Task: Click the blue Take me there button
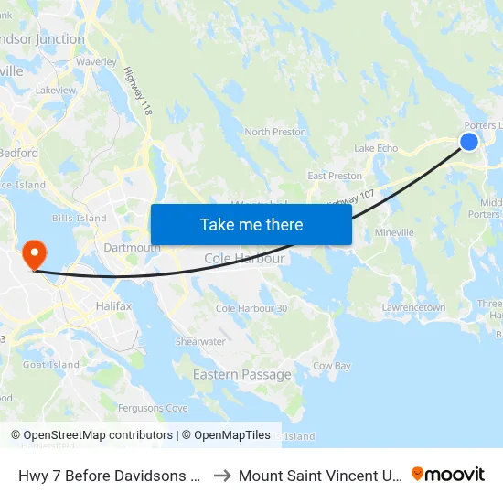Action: pos(251,224)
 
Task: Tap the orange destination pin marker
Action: pos(34,253)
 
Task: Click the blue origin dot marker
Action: pos(468,141)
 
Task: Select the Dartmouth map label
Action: pos(133,247)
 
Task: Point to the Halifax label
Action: pos(114,306)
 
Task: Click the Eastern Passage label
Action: pos(242,374)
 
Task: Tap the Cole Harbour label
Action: pos(244,259)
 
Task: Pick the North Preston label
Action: pos(275,132)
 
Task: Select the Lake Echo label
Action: pos(376,148)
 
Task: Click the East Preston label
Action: pos(335,176)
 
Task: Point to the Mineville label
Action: pos(394,232)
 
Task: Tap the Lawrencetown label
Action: pos(413,308)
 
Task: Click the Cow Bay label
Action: pos(332,365)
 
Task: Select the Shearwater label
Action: pos(200,341)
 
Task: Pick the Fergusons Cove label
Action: pos(153,407)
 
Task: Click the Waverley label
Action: pos(96,61)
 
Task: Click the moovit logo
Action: pos(447,474)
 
